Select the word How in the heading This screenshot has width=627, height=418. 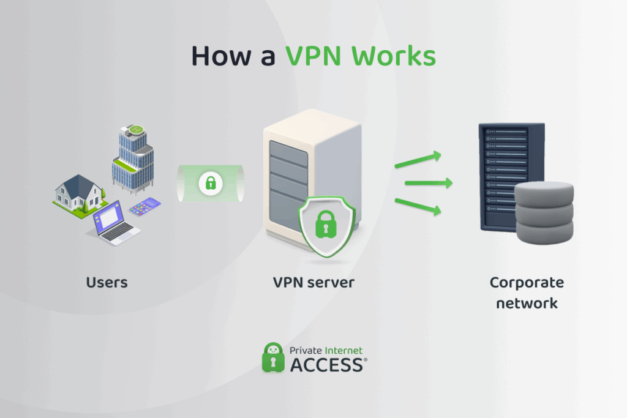coord(218,56)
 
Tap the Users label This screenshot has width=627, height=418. coord(107,282)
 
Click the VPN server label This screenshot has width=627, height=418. coord(313,282)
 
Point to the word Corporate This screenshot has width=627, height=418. coord(527,282)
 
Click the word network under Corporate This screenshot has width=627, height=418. coord(527,302)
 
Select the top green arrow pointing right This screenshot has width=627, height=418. coord(418,161)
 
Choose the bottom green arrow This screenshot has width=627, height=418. coord(418,206)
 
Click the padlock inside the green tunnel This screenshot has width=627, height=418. coord(211,182)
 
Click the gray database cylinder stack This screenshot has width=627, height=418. coord(544,211)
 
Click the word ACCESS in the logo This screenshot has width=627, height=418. coord(326,365)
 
